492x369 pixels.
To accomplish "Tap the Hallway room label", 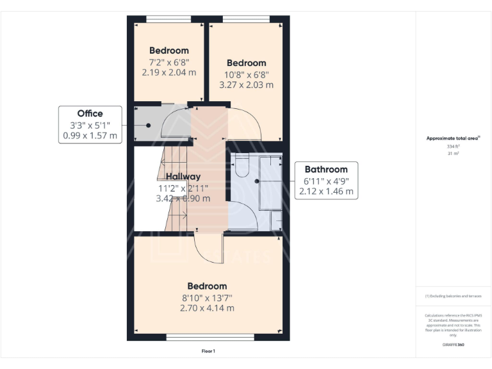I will click(183, 176).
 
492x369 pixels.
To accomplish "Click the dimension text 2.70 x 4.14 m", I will click(207, 307).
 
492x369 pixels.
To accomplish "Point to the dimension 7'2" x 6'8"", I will click(169, 62).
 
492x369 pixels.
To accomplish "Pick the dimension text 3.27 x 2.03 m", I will click(246, 85).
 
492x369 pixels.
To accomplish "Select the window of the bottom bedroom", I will click(209, 337).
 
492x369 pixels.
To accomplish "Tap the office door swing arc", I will click(175, 123).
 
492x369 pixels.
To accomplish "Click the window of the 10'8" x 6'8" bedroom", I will click(245, 19).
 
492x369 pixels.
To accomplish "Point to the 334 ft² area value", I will click(453, 147).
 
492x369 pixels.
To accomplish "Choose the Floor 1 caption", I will click(208, 351).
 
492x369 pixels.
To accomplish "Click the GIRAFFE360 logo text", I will click(453, 345).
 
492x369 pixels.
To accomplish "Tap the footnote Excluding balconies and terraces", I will click(453, 296).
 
